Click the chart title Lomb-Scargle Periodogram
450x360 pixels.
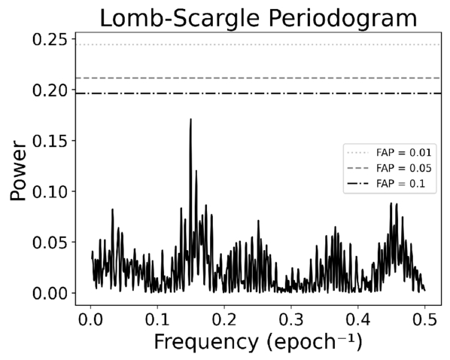click(x=258, y=18)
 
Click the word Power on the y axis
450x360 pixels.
click(x=18, y=170)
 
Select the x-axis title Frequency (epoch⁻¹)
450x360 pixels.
click(x=258, y=342)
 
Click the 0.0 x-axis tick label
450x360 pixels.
click(x=90, y=320)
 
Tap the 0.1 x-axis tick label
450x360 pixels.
click(x=157, y=320)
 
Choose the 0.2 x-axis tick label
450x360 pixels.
click(x=224, y=320)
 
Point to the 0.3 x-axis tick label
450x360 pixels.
click(x=291, y=320)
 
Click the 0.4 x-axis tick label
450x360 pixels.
click(x=358, y=320)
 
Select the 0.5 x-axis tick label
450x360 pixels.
click(x=424, y=320)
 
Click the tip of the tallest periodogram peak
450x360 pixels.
click(x=190, y=119)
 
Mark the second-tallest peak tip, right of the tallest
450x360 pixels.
click(x=196, y=171)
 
